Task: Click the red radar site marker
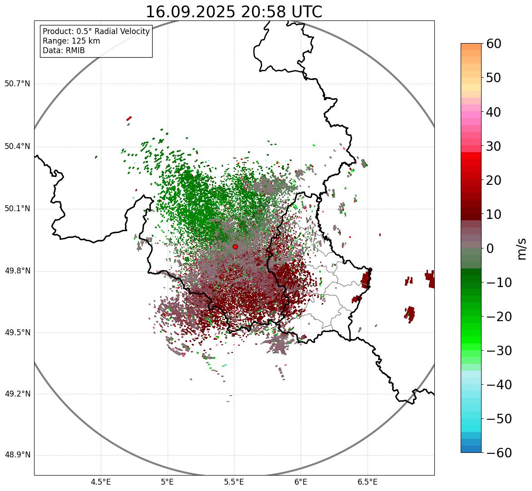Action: pos(235,247)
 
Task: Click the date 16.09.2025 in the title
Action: pos(191,12)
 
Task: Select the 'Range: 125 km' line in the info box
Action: pos(71,41)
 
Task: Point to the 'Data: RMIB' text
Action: pos(64,50)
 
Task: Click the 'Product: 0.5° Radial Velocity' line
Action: pos(96,31)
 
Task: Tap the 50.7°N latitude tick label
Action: pos(17,84)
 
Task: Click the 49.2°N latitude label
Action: pos(17,394)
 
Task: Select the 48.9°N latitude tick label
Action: pos(17,455)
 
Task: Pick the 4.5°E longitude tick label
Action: pos(101,482)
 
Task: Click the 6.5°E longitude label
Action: pos(368,482)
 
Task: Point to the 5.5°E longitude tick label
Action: pos(234,482)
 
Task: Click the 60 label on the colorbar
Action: pos(494,44)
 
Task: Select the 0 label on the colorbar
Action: pos(490,248)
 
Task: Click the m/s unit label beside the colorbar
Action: pos(522,248)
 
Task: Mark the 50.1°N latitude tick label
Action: pos(17,209)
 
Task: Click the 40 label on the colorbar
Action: pos(494,112)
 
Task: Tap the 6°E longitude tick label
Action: pos(301,482)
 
